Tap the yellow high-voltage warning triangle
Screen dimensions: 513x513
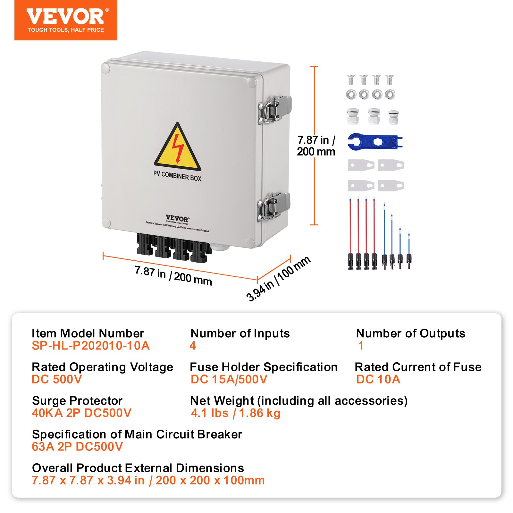177,148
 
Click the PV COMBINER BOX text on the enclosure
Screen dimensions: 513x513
177,176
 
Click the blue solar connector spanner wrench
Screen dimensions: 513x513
374,141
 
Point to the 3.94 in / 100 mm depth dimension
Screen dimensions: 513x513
278,279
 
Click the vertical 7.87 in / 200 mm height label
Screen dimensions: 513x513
316,146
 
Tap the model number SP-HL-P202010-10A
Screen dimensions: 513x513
90,346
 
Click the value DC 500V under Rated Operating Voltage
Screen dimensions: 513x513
57,379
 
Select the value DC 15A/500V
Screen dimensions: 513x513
229,379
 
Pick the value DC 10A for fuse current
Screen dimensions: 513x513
378,379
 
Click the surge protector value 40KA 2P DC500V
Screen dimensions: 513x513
81,413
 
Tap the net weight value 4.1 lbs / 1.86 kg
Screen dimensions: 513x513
235,413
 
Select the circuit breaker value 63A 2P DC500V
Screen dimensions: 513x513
77,447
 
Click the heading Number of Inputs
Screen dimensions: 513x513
240,333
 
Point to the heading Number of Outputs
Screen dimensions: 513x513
410,333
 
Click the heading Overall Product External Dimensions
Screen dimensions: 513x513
138,468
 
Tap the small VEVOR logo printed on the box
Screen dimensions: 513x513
177,218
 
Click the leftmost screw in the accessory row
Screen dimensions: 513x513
351,80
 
